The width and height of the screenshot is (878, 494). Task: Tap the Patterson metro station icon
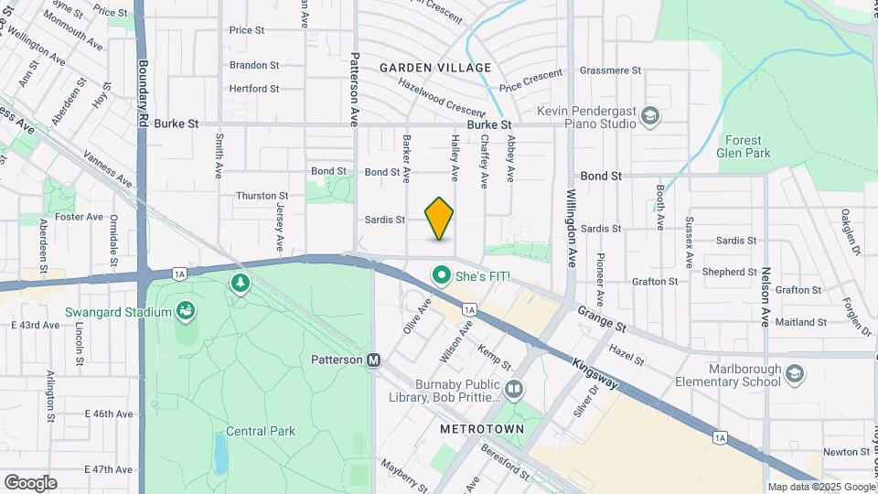(x=374, y=360)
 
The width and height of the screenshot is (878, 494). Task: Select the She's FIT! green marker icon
(x=441, y=275)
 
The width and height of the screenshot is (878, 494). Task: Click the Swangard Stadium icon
(x=187, y=312)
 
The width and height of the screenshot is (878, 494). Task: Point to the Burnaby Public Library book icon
(x=513, y=391)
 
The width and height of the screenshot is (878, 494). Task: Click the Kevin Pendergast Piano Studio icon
(x=650, y=115)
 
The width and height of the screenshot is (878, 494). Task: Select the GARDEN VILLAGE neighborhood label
(x=435, y=68)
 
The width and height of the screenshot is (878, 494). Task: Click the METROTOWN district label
(x=482, y=429)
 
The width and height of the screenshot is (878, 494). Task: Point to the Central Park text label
(x=261, y=431)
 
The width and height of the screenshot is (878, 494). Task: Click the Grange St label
(x=601, y=319)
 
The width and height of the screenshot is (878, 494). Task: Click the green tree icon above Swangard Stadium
(x=241, y=284)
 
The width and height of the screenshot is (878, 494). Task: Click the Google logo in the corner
(x=30, y=482)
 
